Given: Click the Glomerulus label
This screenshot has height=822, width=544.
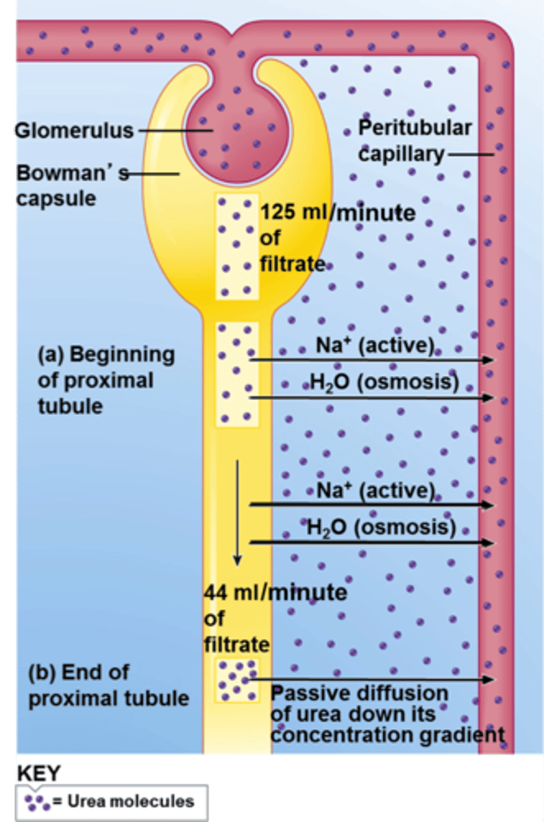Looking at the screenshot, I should point(74,130).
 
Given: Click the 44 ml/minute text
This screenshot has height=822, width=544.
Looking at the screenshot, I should point(275,592).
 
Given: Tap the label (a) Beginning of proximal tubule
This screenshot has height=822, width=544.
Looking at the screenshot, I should point(106,380).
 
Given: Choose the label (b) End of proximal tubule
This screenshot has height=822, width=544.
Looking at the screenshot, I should point(108,684).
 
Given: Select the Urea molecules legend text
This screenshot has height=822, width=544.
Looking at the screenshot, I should point(130,801).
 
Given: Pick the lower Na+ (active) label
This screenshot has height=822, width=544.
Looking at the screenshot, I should point(375,490).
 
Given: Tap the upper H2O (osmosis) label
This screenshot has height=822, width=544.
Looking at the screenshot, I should point(383,382).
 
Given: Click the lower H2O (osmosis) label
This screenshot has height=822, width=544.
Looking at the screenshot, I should point(380,527).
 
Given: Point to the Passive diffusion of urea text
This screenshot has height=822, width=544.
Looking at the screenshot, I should point(387,714).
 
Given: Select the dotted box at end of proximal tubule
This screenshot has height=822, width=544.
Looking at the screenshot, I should point(237,680).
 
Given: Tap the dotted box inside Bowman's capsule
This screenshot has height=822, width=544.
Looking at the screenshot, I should point(237,247).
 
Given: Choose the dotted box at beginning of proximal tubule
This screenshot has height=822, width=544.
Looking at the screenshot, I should point(237,374).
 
